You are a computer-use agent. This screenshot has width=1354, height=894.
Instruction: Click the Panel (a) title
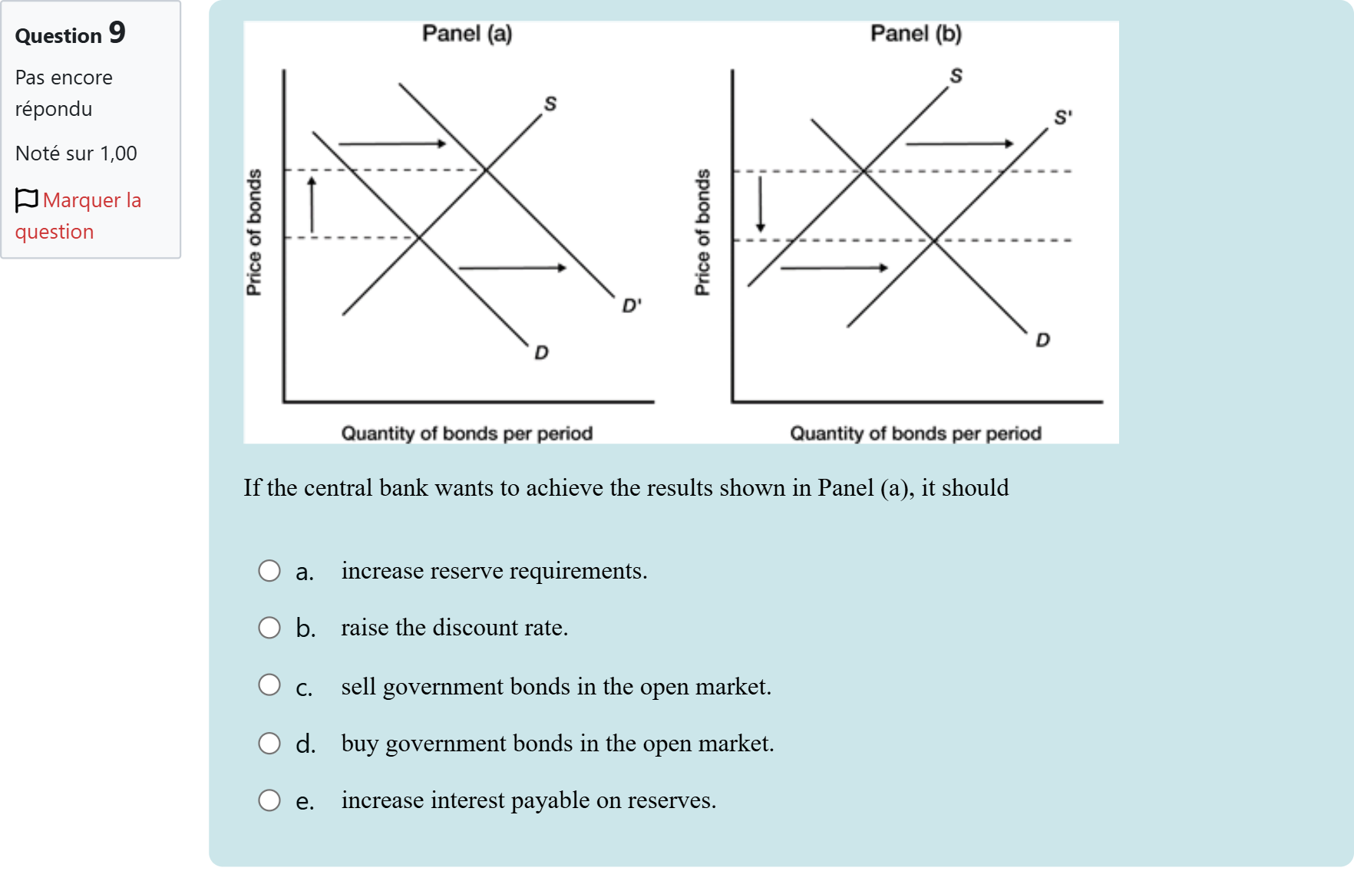467,34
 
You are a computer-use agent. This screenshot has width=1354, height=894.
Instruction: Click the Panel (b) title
916,34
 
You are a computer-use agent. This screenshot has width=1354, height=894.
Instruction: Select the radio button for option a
269,571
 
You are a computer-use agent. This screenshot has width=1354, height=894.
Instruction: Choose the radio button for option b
269,628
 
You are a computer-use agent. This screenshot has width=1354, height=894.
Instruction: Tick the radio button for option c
269,685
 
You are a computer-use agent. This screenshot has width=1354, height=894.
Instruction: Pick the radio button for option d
269,743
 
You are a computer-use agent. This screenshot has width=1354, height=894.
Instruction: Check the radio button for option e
269,800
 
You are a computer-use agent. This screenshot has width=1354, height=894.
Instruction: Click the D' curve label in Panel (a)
631,305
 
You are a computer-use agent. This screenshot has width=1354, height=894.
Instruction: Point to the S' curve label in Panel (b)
1062,117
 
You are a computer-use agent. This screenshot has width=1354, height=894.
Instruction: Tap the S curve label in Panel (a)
550,104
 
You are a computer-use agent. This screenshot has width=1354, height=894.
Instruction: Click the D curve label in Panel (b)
1042,340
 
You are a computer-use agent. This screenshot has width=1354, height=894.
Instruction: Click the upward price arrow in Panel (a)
312,204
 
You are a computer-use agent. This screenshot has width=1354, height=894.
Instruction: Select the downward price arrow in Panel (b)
761,204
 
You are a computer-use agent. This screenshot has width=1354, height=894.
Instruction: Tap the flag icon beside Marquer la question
26,200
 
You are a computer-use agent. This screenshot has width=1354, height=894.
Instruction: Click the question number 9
117,33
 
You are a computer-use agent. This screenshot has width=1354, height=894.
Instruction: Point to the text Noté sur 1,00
76,153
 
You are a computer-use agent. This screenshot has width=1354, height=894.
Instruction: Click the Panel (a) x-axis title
467,434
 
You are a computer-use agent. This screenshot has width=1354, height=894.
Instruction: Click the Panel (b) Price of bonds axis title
702,232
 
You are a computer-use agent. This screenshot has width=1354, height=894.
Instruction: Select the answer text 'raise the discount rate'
454,628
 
